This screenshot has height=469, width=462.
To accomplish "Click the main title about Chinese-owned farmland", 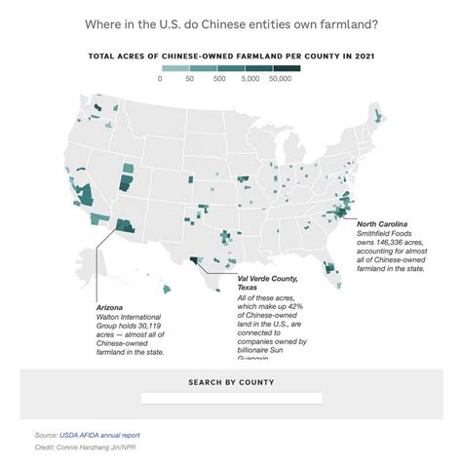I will [230, 21].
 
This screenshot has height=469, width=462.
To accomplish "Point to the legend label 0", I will [160, 80].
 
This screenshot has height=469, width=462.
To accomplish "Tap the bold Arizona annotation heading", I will [111, 306].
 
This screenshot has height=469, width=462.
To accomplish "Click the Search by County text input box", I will [231, 398].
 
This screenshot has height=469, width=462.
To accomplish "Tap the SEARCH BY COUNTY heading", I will [231, 382].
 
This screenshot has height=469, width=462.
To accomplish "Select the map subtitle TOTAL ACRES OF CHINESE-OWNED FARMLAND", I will [231, 56].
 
